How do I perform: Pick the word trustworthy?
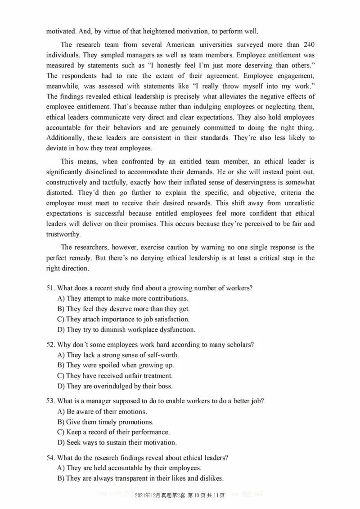[63, 234]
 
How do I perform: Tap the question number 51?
[50, 288]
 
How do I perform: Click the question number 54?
[50, 458]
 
